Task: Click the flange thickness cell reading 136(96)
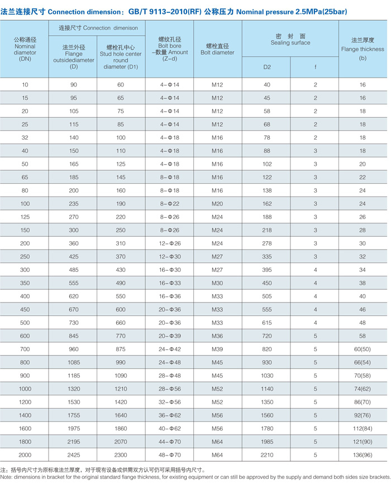[363, 455]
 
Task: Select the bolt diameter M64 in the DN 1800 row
[217, 442]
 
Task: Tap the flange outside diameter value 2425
[74, 455]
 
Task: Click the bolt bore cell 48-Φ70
[169, 455]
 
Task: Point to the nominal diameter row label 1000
[25, 389]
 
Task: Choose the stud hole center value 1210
[121, 389]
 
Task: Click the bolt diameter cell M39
[217, 349]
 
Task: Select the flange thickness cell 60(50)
[363, 349]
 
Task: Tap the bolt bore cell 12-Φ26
[169, 243]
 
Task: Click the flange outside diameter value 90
[74, 85]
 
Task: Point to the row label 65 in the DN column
[25, 178]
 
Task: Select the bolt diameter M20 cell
[217, 204]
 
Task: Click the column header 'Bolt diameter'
[217, 49]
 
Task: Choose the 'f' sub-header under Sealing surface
[315, 68]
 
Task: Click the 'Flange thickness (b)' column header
[363, 49]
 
